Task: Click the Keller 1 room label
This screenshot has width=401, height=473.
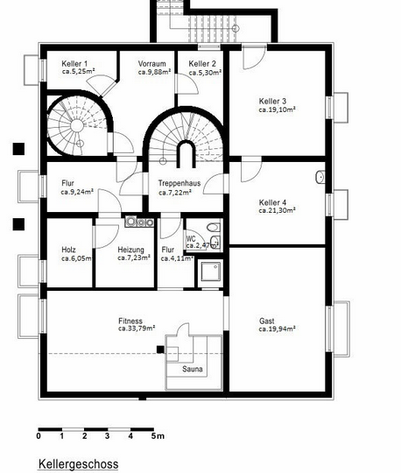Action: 74,64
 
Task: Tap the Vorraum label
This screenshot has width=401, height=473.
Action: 152,64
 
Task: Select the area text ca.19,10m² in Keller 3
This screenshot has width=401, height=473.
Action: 277,109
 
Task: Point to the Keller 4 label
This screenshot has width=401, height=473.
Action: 272,202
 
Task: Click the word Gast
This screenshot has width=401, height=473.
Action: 267,321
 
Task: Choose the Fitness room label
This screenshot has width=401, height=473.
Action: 130,321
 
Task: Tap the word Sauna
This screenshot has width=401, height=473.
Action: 193,369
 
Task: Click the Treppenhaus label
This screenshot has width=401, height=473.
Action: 179,183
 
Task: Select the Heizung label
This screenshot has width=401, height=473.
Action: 130,250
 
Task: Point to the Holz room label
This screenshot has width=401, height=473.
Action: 68,250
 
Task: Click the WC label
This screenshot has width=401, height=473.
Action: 191,239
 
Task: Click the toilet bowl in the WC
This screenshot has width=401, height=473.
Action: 213,227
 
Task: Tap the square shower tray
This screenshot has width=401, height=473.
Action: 211,272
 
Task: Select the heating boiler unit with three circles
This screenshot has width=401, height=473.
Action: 139,222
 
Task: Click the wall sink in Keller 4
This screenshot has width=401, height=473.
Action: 320,177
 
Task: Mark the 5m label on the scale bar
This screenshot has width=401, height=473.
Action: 158,436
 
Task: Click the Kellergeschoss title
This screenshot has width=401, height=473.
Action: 79,463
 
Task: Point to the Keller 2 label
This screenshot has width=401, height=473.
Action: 202,64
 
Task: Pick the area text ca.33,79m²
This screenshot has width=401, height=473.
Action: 137,328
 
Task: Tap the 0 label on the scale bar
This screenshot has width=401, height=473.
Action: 39,436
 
